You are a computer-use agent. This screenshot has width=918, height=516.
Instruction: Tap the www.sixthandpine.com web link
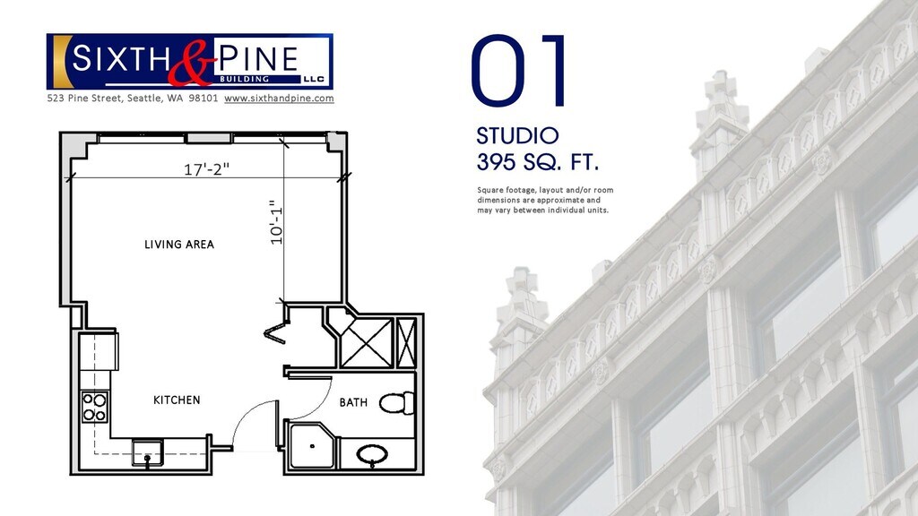pos(280,99)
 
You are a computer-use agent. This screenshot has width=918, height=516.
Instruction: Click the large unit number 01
pos(519,71)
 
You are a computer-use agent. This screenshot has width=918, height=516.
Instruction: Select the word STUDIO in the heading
pos(517,136)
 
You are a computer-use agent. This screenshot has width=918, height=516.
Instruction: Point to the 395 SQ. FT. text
pos(538,162)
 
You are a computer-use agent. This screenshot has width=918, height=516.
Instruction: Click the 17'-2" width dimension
pos(207,169)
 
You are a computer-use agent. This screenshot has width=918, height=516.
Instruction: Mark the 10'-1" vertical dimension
pos(276,222)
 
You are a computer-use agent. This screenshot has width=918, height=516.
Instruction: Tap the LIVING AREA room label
pos(179,245)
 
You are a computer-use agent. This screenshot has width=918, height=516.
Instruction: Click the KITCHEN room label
pos(177,400)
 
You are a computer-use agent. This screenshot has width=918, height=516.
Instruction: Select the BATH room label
pos(353,402)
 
